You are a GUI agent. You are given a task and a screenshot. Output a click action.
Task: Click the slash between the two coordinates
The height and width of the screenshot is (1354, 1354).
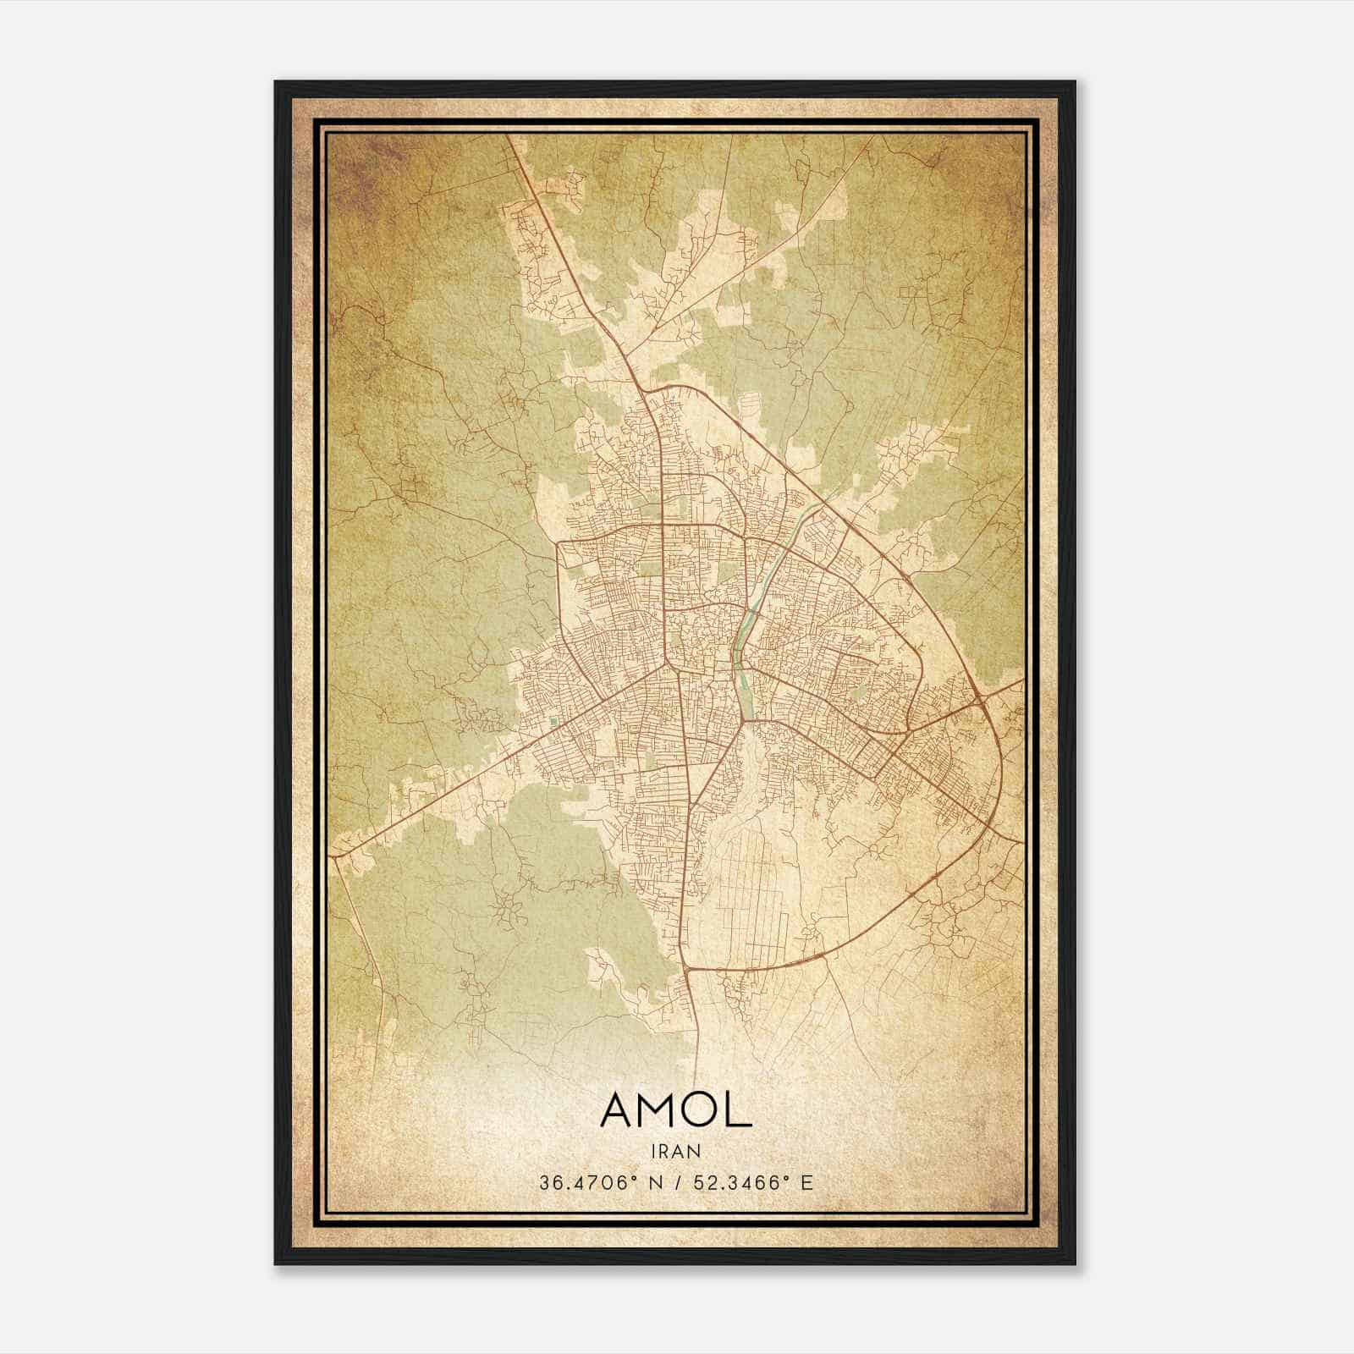pos(679,1183)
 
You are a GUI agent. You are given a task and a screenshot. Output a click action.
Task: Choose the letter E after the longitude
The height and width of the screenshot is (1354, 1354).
pos(806,1183)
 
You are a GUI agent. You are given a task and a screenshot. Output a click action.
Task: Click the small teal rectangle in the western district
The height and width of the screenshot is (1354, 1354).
pos(553,722)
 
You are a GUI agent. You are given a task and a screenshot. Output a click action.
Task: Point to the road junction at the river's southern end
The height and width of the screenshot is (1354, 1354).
pos(745,721)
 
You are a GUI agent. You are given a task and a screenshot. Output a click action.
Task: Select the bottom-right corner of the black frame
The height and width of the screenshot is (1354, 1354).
pos(1075,1264)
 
